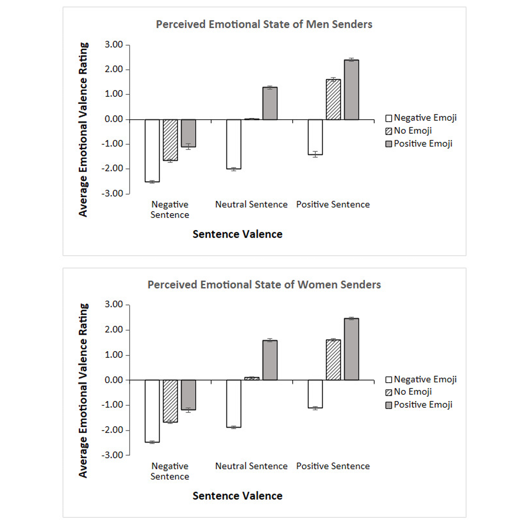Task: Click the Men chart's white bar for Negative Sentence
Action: coord(152,150)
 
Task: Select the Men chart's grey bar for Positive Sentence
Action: coord(351,90)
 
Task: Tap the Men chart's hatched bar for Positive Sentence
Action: coord(333,99)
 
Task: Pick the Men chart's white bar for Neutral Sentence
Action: coord(234,144)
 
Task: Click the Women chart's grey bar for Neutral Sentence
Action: coord(270,360)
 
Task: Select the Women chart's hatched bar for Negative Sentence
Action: coord(170,401)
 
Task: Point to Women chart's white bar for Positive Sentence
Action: coord(315,394)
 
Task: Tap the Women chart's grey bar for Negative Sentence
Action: coord(188,395)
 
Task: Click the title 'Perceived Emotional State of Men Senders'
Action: coord(264,24)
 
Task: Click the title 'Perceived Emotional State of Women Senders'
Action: coord(264,285)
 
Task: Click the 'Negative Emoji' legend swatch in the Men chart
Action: coord(389,118)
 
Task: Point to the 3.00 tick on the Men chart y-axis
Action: coord(114,45)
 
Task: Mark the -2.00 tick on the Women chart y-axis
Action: coord(112,430)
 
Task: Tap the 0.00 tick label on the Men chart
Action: coord(114,119)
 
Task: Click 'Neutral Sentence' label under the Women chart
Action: coord(251,466)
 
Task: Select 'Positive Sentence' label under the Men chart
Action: coord(333,204)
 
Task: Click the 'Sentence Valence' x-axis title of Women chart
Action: coord(237,495)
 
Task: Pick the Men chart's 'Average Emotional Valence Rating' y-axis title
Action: coord(83,129)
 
